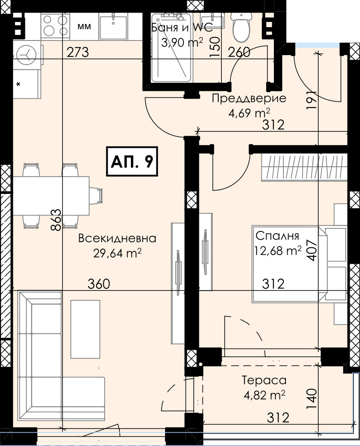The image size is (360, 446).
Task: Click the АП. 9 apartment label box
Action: click(x=132, y=161)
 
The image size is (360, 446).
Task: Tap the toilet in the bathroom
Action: click(x=241, y=27)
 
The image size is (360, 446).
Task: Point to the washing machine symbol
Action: click(x=27, y=55)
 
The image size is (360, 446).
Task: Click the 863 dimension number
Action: click(x=56, y=220)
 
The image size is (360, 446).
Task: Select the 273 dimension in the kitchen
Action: click(x=78, y=52)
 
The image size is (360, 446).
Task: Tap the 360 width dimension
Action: click(x=99, y=284)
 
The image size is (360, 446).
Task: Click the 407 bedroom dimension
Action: click(x=312, y=250)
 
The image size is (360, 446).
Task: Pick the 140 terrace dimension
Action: click(x=312, y=399)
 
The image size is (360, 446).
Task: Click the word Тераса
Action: click(x=264, y=381)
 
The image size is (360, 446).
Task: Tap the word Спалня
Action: click(x=277, y=236)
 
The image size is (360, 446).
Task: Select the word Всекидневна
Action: click(x=118, y=238)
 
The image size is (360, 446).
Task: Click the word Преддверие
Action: click(x=249, y=99)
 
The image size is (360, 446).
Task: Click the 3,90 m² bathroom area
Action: click(x=182, y=43)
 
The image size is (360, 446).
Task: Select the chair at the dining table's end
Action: click(x=96, y=196)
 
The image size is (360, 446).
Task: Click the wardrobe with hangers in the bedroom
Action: click(x=304, y=168)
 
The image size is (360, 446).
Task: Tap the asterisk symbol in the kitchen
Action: click(x=19, y=84)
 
